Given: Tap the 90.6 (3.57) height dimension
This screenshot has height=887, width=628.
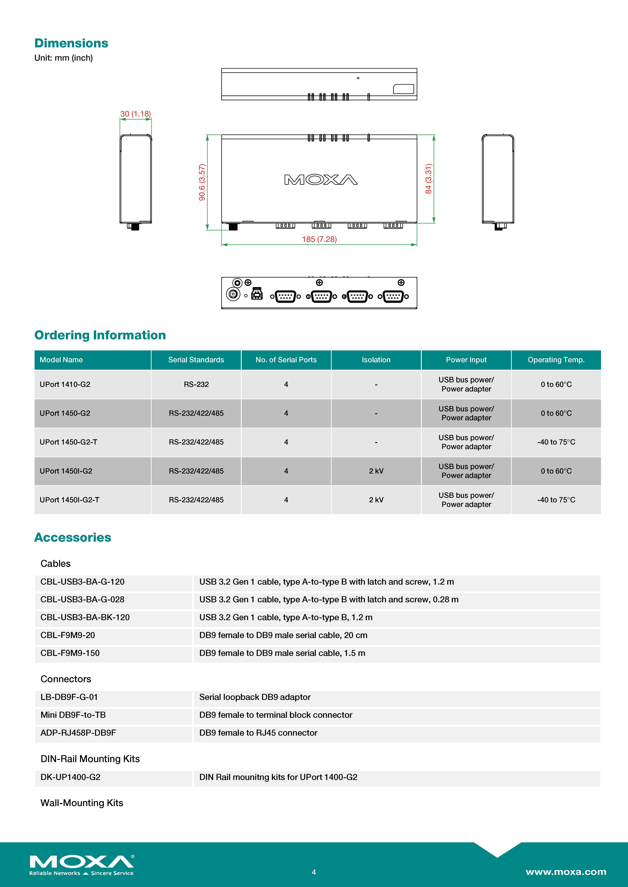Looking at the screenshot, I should pos(202,182).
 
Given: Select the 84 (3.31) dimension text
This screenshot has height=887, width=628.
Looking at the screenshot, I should pos(428,179).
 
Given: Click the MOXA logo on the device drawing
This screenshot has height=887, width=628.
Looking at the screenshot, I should pos(320,180).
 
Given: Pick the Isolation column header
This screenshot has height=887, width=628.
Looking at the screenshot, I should pos(376,360).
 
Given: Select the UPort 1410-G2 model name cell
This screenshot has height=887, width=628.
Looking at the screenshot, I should pos(65,384).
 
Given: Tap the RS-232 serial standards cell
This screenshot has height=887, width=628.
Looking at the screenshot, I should pos(196,384).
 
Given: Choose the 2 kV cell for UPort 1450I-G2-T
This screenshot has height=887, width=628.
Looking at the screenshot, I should pos(376,499).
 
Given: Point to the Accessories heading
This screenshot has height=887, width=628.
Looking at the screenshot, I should pos(73,537).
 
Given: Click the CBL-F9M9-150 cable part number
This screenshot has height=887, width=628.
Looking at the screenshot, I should pos(70,653).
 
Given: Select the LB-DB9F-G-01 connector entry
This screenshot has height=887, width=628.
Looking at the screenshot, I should pos(69,697).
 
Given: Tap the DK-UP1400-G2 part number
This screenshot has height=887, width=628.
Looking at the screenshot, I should pos(70,777).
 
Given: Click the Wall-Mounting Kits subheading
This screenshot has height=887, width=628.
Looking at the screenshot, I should pos(82,803).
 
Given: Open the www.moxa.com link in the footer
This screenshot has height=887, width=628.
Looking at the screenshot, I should pos(566,872).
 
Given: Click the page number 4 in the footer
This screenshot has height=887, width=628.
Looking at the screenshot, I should pos(314,872).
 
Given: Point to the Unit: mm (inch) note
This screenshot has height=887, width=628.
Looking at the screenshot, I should pos(63,58).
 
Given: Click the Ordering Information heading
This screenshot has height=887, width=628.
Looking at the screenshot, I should pos(100,335).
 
